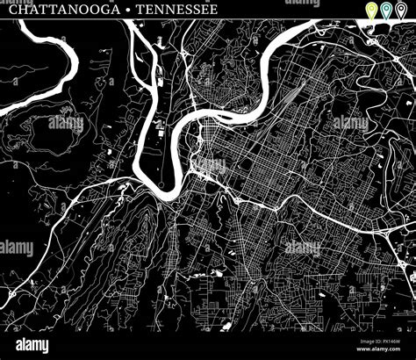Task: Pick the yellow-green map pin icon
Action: coord(371,11)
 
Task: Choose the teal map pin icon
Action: coord(387,11)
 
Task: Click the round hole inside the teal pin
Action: coord(387,9)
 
